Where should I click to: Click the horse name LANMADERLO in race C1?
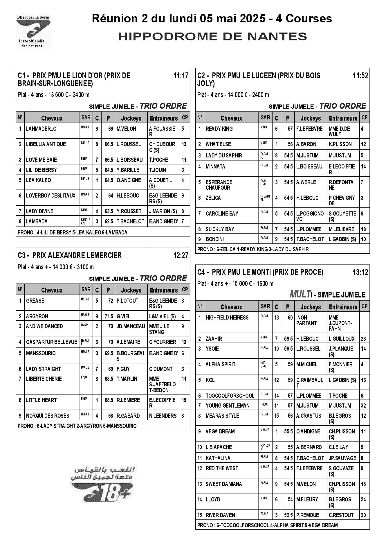click(41, 129)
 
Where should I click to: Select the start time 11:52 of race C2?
click(360, 76)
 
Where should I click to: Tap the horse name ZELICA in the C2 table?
click(213, 198)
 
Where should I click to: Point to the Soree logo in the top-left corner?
click(33, 31)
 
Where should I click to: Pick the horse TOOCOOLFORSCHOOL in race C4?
click(230, 396)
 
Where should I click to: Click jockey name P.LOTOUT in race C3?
click(127, 301)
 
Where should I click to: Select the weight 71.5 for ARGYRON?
click(109, 316)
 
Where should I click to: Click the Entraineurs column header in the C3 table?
click(163, 290)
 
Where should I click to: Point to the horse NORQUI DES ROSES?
click(48, 416)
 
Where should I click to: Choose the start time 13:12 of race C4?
click(360, 272)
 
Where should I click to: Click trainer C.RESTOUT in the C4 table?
click(341, 515)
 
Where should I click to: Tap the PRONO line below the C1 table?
click(73, 232)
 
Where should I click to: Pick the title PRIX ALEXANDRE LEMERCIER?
click(77, 255)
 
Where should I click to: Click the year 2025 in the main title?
click(248, 19)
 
